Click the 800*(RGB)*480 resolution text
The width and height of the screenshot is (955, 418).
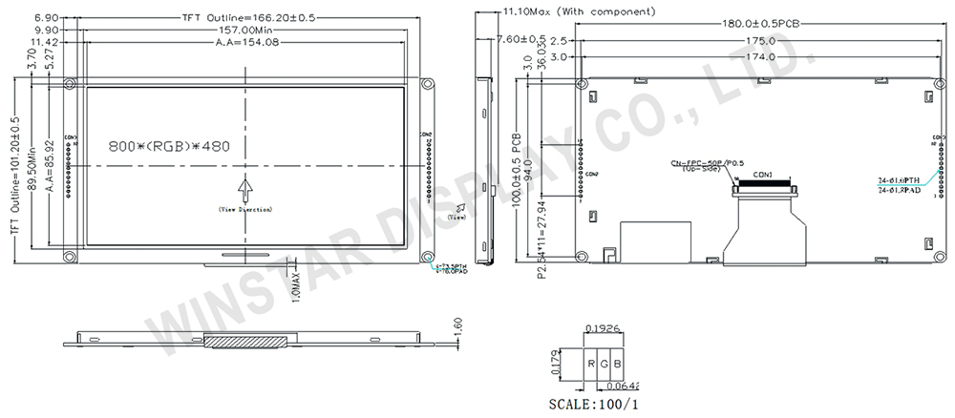click(169, 149)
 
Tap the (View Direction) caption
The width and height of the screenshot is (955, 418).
click(244, 208)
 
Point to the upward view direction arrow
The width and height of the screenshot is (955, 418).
click(244, 187)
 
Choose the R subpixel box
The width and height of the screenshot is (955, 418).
click(592, 365)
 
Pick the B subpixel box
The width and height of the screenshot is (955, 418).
click(619, 365)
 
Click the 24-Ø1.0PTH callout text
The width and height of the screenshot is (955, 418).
click(899, 179)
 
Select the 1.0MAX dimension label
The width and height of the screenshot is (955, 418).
click(297, 285)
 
